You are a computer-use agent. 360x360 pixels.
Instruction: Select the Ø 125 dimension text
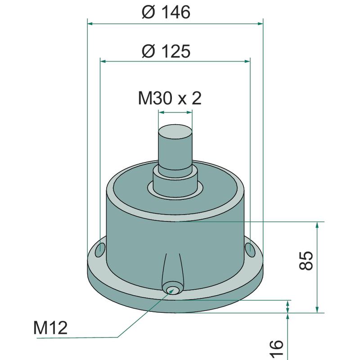[x=166, y=51]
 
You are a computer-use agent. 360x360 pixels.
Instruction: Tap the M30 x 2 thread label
[x=170, y=98]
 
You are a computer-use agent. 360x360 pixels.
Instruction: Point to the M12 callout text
[x=50, y=328]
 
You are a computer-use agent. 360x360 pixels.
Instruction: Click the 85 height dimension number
[x=306, y=261]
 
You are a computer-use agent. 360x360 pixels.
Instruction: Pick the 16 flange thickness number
[x=276, y=350]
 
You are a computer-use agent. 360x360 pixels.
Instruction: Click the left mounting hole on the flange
[x=100, y=250]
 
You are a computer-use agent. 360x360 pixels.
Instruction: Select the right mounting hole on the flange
[x=250, y=250]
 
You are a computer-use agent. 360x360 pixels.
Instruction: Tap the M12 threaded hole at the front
[x=172, y=290]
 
